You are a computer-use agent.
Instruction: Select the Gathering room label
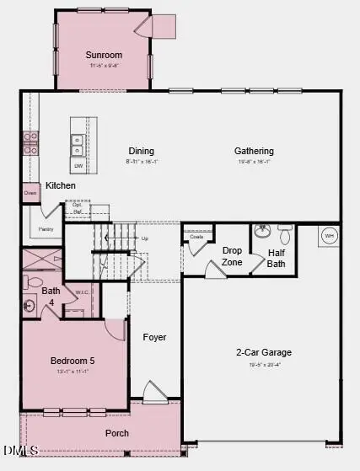(254, 152)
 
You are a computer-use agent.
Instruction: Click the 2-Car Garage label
(265, 352)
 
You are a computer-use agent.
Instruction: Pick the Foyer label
(154, 337)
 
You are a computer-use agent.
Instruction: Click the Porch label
(117, 433)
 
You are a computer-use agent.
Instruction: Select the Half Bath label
(277, 258)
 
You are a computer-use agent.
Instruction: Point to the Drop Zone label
(232, 256)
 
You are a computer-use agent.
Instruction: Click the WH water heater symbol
(330, 235)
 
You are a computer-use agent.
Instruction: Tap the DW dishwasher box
(78, 166)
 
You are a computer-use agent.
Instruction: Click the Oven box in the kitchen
(30, 193)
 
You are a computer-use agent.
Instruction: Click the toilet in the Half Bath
(285, 231)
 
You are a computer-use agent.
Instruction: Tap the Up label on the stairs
(145, 238)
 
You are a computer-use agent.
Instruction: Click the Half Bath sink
(261, 229)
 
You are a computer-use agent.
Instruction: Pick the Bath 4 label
(51, 297)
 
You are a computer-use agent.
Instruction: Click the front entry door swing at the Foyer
(153, 393)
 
